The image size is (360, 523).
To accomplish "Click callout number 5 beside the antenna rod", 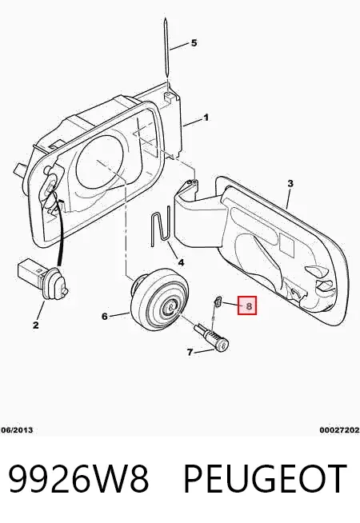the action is point(194,43).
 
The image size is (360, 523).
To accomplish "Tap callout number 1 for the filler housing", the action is point(206,118).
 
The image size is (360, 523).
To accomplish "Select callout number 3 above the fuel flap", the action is point(290,183).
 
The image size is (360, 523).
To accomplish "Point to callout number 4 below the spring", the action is point(181,262).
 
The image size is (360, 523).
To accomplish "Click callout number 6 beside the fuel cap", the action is point(105,316).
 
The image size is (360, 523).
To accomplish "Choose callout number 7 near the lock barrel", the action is point(190,352).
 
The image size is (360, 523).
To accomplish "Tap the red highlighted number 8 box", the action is point(247,305).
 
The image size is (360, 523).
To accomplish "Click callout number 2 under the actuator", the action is point(36,325).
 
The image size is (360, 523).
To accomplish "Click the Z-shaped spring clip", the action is point(160,226).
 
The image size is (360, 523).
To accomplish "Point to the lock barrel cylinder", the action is point(212,337).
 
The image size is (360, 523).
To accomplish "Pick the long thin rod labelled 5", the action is point(167,51).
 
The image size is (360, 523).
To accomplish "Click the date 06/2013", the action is point(17,430).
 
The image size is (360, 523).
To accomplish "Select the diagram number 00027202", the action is point(339,430).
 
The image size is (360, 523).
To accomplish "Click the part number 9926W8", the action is point(78,478).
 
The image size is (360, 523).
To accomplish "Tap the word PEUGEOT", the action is point(266,478).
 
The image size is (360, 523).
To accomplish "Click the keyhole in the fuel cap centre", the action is point(170,305).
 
